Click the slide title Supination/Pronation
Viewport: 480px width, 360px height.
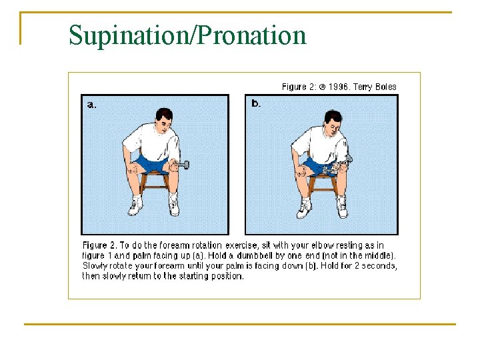tap(187, 35)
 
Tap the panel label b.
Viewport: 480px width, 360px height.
tap(256, 103)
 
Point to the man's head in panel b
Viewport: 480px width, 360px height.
tap(333, 121)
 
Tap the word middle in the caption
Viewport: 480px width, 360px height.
tap(377, 255)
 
